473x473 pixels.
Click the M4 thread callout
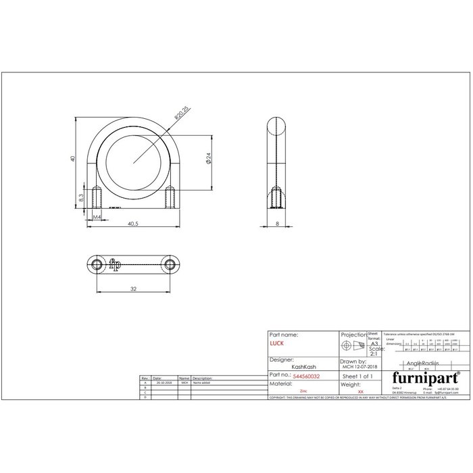click(x=97, y=217)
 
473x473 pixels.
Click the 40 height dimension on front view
click(x=72, y=159)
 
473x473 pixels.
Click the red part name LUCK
click(x=277, y=344)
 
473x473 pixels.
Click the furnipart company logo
click(x=417, y=376)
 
